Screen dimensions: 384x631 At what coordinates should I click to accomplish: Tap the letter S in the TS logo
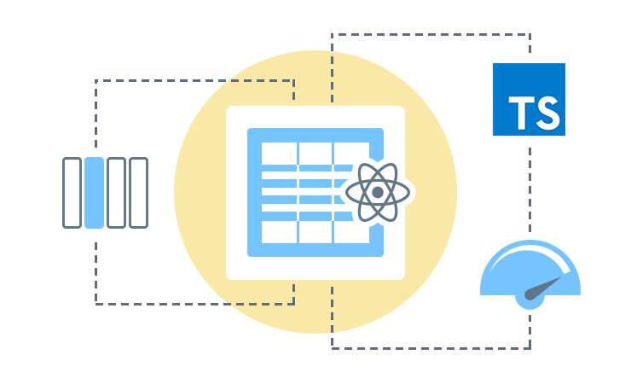pyautogui.click(x=547, y=112)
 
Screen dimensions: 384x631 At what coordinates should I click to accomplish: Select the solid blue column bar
pyautogui.click(x=95, y=193)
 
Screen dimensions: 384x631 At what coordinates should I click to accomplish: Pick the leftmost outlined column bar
pyautogui.click(x=72, y=193)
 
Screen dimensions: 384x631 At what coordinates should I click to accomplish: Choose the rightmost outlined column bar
pyautogui.click(x=138, y=193)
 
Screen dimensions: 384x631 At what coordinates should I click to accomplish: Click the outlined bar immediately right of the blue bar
pyautogui.click(x=116, y=193)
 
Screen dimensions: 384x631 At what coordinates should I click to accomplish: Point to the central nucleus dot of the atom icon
pyautogui.click(x=378, y=193)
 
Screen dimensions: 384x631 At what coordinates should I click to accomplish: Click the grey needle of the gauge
pyautogui.click(x=546, y=286)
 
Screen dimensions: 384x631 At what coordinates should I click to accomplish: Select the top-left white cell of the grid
pyautogui.click(x=278, y=153)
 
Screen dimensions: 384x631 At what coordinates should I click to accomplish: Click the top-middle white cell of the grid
pyautogui.click(x=315, y=153)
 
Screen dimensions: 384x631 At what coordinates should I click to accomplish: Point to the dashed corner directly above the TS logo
pyautogui.click(x=530, y=35)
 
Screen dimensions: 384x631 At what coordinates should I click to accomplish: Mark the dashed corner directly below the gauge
pyautogui.click(x=530, y=348)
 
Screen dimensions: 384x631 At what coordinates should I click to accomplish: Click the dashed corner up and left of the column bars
pyautogui.click(x=96, y=81)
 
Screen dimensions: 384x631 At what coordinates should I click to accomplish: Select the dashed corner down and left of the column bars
pyautogui.click(x=96, y=303)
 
